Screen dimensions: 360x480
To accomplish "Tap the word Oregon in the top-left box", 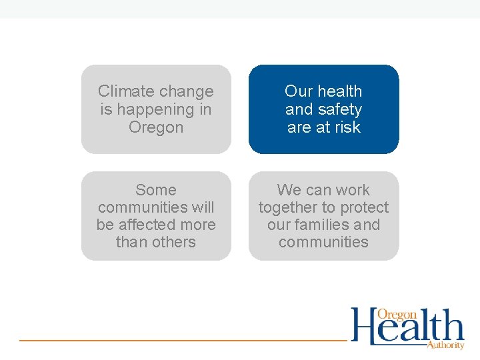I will [156, 127].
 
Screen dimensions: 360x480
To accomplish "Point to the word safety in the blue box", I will [339, 109].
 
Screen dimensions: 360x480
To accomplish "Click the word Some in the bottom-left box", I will [156, 190].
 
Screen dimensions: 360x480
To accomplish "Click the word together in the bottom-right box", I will [287, 207].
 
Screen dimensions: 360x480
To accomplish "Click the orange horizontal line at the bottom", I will [180, 341].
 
